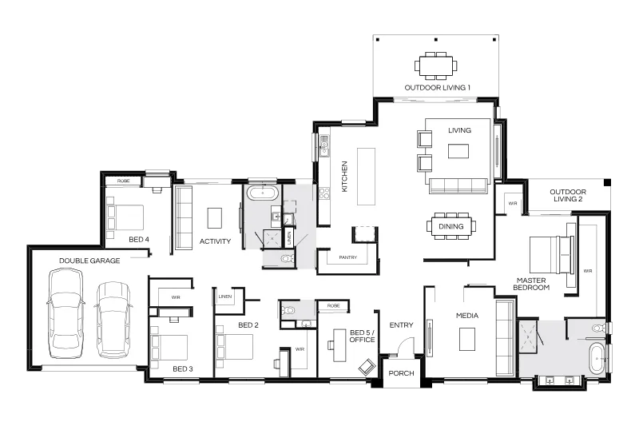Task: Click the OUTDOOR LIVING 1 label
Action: click(x=437, y=87)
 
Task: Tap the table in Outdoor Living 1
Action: click(x=435, y=66)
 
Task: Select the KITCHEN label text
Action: click(x=344, y=176)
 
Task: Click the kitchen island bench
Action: click(x=366, y=176)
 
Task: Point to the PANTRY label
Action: click(x=347, y=257)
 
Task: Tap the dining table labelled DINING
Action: click(x=451, y=226)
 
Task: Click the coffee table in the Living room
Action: click(x=458, y=151)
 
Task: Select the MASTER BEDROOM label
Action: click(x=531, y=284)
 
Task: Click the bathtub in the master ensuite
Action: click(x=597, y=358)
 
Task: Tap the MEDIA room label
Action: click(x=467, y=315)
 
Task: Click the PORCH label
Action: click(x=401, y=373)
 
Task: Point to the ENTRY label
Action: click(x=401, y=325)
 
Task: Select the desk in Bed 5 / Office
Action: click(x=339, y=345)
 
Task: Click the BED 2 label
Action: click(x=248, y=325)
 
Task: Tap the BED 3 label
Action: click(x=183, y=369)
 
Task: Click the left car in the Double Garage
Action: click(x=66, y=313)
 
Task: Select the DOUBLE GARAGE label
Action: click(x=89, y=261)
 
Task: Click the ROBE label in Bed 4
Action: click(x=124, y=181)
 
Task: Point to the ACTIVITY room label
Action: click(x=215, y=241)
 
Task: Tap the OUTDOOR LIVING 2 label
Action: click(x=568, y=195)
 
